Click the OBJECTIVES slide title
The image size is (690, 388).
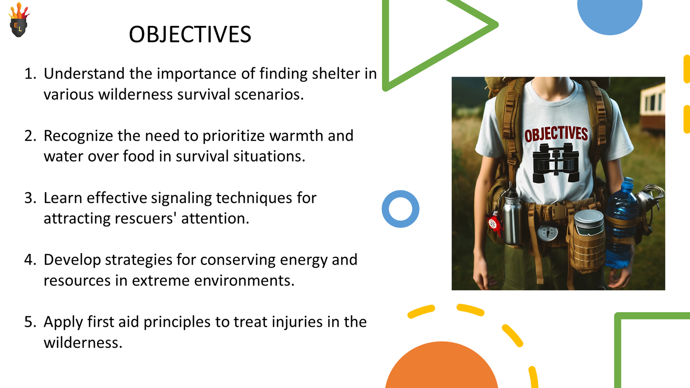(x=190, y=34)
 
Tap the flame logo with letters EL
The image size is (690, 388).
(x=19, y=20)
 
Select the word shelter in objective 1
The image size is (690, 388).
(x=336, y=74)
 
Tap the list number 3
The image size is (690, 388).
(x=30, y=198)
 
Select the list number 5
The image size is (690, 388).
(x=30, y=322)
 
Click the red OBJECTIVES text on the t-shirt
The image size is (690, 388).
(x=556, y=134)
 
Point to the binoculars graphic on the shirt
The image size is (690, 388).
(x=556, y=163)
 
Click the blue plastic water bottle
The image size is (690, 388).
(x=619, y=223)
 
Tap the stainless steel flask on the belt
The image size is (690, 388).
(x=511, y=216)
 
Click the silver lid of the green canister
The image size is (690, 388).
(x=589, y=219)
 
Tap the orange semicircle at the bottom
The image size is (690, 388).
(x=442, y=366)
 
